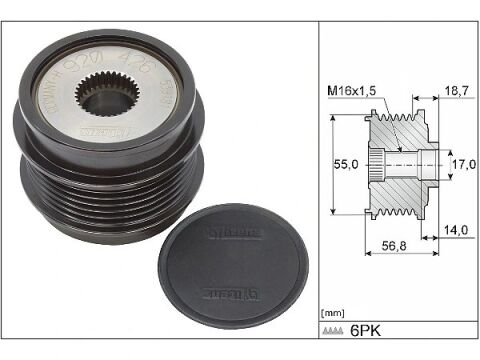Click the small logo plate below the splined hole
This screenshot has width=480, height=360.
click(x=99, y=132)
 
